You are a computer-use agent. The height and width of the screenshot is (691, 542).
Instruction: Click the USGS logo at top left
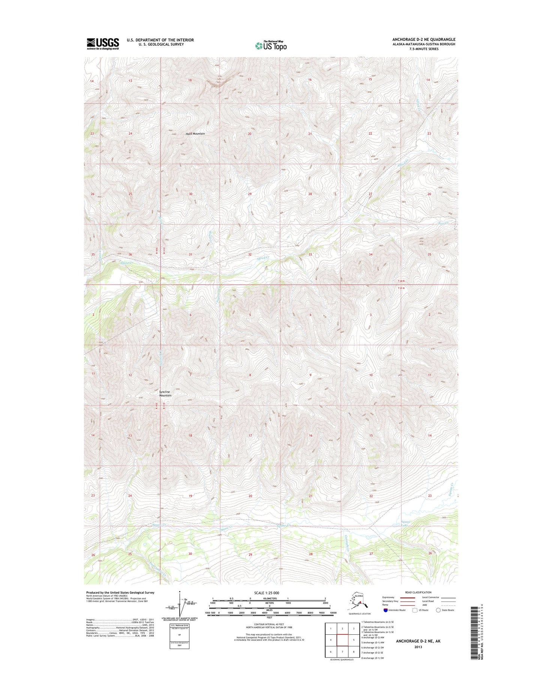tap(103, 44)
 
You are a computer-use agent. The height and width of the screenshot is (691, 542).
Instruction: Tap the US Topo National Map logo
tap(271, 45)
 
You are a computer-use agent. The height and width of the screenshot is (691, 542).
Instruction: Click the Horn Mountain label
tap(196, 134)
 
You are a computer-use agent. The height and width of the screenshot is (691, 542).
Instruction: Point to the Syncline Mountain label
tap(165, 394)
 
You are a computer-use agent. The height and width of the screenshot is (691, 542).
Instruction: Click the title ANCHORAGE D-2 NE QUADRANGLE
tap(424, 39)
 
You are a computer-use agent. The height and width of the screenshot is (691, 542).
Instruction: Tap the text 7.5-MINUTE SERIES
tap(424, 49)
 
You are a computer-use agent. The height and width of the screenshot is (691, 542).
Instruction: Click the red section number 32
tap(250, 254)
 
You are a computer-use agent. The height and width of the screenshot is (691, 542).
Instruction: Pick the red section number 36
tap(131, 255)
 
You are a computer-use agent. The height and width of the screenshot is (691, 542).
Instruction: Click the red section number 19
tap(191, 496)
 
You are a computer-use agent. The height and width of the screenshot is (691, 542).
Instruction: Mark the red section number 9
tap(310, 375)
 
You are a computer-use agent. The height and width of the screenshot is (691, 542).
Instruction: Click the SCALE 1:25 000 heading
tap(269, 592)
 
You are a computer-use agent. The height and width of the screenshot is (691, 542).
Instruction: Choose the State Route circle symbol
tap(438, 610)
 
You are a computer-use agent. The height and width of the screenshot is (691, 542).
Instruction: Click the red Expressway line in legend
tap(407, 597)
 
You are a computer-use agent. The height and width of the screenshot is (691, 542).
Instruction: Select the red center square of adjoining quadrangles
tap(342, 640)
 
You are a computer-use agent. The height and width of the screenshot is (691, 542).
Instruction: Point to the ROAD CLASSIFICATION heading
tap(418, 592)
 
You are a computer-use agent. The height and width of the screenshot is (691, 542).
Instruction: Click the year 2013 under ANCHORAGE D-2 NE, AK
tap(418, 647)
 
